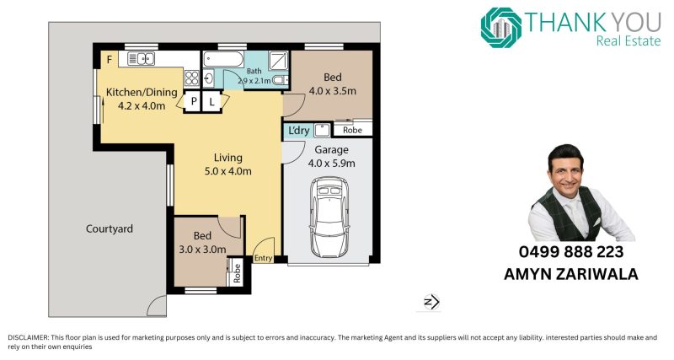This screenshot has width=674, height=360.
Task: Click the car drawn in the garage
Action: [329, 218]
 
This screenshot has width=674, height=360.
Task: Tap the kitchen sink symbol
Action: [141, 58]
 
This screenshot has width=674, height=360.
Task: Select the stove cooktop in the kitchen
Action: [192, 78]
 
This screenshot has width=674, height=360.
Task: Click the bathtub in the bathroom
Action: [223, 59]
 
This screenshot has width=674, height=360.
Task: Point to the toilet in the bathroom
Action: [281, 79]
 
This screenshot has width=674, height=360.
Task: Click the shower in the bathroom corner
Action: [279, 60]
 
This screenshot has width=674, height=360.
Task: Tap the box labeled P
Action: [194, 101]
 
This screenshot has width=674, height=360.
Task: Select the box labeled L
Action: [212, 101]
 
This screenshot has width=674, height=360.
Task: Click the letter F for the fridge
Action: [110, 59]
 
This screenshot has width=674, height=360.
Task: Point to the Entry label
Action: [263, 258]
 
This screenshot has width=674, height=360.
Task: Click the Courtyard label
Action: [110, 228]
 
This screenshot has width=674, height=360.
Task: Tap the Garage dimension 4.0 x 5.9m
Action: [331, 164]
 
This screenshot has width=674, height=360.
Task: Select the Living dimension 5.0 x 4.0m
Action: [227, 171]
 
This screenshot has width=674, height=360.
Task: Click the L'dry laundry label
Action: [298, 131]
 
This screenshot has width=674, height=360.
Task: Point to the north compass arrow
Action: [431, 302]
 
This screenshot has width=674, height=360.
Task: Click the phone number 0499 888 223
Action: [571, 251]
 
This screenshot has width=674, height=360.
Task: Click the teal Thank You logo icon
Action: [500, 28]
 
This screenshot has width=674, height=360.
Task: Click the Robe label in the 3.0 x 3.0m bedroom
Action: [237, 273]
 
